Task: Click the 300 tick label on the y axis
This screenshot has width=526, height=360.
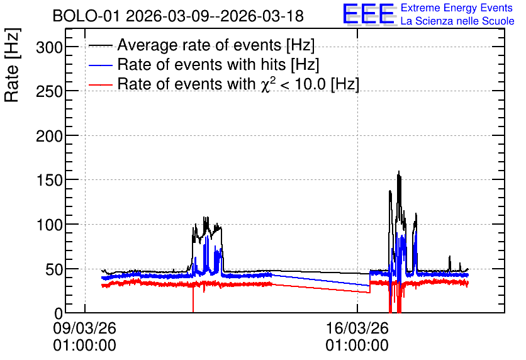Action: click(x=49, y=47)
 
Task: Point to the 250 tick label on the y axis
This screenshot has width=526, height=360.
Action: click(x=49, y=91)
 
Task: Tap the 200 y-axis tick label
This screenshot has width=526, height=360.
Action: click(x=49, y=136)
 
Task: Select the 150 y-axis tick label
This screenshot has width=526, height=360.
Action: click(x=49, y=181)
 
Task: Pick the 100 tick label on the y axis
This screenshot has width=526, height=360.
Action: click(x=49, y=225)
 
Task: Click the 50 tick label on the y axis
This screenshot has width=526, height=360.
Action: click(x=54, y=269)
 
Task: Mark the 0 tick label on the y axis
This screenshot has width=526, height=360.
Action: click(x=59, y=313)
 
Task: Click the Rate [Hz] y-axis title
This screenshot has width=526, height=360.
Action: click(x=12, y=65)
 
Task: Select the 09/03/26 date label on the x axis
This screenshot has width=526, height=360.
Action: click(x=84, y=328)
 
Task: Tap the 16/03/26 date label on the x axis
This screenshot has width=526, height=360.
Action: click(x=357, y=328)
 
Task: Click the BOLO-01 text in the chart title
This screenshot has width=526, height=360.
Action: click(x=86, y=16)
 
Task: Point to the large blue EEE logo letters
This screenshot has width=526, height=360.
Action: click(x=368, y=14)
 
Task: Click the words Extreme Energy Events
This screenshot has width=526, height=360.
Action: click(x=457, y=8)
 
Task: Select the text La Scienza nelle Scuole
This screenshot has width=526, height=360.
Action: click(x=457, y=21)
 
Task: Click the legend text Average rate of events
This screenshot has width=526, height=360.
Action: click(x=199, y=45)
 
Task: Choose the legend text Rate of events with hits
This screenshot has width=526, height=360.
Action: click(x=201, y=64)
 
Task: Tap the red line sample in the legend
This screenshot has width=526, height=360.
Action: click(x=101, y=85)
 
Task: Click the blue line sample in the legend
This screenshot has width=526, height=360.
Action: click(x=101, y=65)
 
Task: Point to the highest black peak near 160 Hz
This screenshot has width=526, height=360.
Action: click(x=399, y=172)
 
